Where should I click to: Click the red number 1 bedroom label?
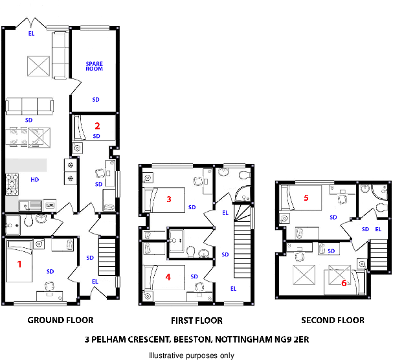pyautogui.click(x=19, y=264)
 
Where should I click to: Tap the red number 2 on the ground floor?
pyautogui.click(x=97, y=126)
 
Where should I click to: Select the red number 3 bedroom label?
pyautogui.click(x=169, y=199)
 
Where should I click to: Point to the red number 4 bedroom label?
pyautogui.click(x=168, y=277)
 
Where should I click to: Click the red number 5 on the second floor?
pyautogui.click(x=306, y=197)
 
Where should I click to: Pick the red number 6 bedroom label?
pyautogui.click(x=344, y=283)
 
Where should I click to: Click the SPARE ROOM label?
pyautogui.click(x=95, y=66)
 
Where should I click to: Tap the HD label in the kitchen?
pyautogui.click(x=35, y=180)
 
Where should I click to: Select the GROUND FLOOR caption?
pyautogui.click(x=60, y=320)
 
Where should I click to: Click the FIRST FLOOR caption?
pyautogui.click(x=197, y=321)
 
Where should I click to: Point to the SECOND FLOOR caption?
pyautogui.click(x=333, y=320)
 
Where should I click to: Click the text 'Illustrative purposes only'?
pyautogui.click(x=192, y=355)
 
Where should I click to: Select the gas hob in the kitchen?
pyautogui.click(x=12, y=185)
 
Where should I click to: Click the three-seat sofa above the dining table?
pyautogui.click(x=30, y=106)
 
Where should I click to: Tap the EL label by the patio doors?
pyautogui.click(x=31, y=33)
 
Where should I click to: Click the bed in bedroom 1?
pyautogui.click(x=19, y=261)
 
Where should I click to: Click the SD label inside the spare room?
pyautogui.click(x=96, y=100)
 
